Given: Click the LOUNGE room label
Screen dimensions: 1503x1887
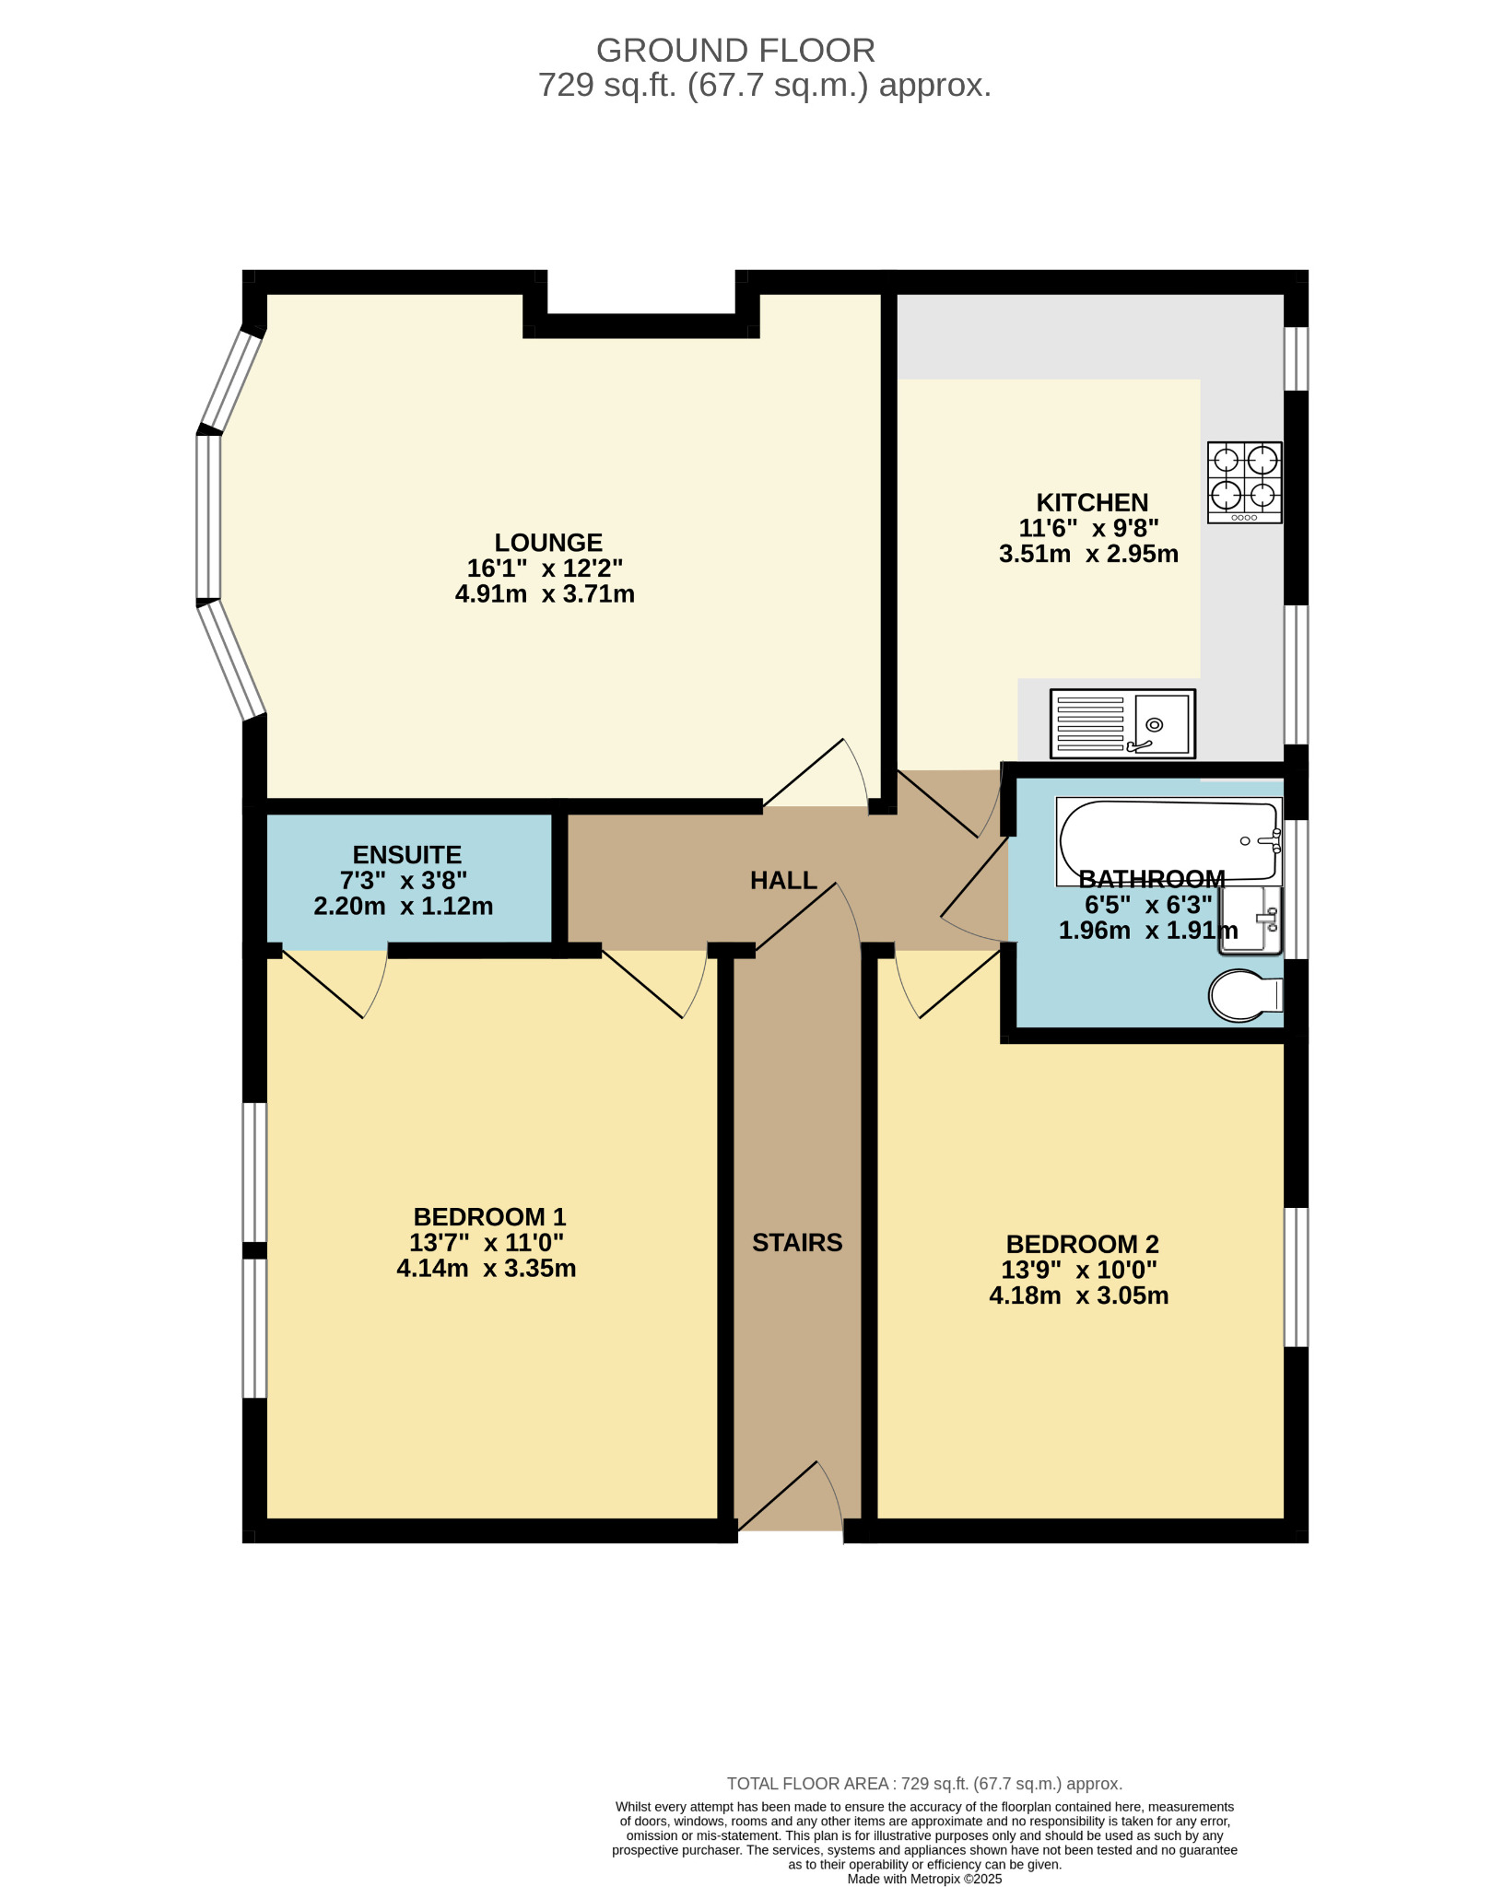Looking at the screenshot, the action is [x=548, y=543].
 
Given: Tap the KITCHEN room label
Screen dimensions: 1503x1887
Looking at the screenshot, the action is [x=1092, y=503].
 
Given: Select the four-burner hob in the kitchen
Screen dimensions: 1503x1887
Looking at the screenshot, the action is [x=1245, y=483].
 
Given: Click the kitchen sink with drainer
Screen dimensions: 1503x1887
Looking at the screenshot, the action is [x=1122, y=724].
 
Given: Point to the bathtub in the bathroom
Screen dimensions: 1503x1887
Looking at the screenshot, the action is [x=1169, y=842].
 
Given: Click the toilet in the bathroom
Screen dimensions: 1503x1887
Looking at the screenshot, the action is [x=1245, y=995].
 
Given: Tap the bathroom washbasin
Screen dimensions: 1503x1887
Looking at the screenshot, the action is [x=1251, y=920].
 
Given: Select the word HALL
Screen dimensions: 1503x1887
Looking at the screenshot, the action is [x=783, y=881].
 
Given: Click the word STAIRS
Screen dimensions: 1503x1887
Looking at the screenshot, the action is [x=797, y=1243].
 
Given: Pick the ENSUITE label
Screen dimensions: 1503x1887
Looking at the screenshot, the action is [x=407, y=855].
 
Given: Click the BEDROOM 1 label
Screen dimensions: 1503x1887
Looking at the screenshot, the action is [x=489, y=1217].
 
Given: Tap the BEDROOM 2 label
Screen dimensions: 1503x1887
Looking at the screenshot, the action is [x=1082, y=1245].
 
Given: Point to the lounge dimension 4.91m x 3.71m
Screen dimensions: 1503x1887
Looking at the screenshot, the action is [x=545, y=594].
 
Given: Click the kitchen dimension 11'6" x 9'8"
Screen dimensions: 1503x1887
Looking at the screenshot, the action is [x=1088, y=529].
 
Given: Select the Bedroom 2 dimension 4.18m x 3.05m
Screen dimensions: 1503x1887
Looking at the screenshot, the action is [x=1079, y=1296].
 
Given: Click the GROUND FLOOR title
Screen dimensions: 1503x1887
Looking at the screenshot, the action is [x=735, y=50].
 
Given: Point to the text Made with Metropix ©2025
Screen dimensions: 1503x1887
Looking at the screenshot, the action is [x=924, y=1879].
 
